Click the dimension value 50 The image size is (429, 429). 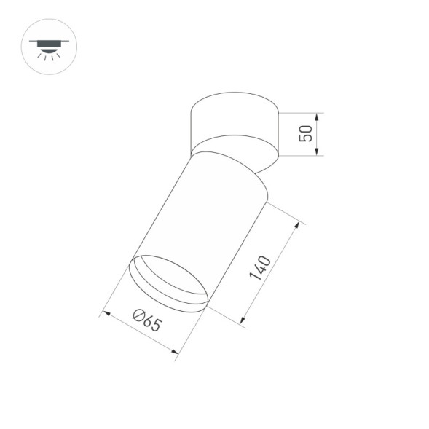pos(306,133)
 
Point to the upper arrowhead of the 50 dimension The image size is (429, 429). pos(318,116)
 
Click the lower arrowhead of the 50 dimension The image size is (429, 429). pos(318,151)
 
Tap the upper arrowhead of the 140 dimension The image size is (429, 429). pos(296,227)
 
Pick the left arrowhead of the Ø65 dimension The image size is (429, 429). pos(105,315)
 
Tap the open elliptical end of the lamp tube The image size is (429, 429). pos(168,280)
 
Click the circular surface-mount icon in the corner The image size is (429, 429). pos(50,46)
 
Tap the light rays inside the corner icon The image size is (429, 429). pos(50,55)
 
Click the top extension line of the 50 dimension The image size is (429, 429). pos(299,112)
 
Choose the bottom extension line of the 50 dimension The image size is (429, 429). pos(299,155)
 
